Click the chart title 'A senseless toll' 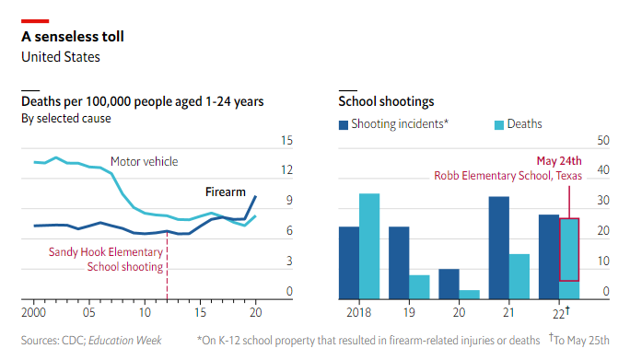click(x=73, y=37)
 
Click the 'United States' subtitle click(x=61, y=57)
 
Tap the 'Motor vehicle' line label click(x=144, y=162)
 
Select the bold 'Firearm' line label click(x=225, y=192)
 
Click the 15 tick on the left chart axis click(x=286, y=141)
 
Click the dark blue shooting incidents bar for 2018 click(x=349, y=262)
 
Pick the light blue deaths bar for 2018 click(x=369, y=246)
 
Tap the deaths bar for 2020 click(x=470, y=295)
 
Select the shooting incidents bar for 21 click(x=499, y=248)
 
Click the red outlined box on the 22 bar click(x=569, y=249)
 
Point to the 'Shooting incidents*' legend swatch click(x=344, y=124)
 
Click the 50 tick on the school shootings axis click(x=604, y=141)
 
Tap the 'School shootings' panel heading click(x=386, y=101)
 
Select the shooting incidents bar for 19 click(x=399, y=262)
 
